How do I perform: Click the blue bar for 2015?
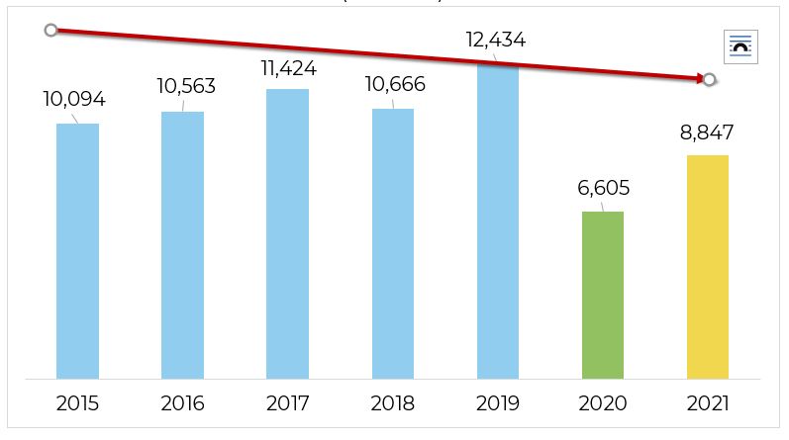click(x=77, y=251)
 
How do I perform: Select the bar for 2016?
click(x=182, y=245)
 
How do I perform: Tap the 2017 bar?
click(x=287, y=234)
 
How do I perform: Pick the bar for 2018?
click(x=393, y=243)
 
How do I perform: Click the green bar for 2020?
click(x=603, y=295)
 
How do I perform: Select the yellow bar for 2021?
click(x=708, y=267)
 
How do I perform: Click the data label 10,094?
click(x=74, y=99)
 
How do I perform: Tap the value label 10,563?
click(x=186, y=86)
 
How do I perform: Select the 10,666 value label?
click(x=395, y=84)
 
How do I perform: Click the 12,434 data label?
click(x=495, y=41)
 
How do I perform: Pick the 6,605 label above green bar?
click(x=603, y=188)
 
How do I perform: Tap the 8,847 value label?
click(x=707, y=133)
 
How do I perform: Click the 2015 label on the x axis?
click(x=77, y=403)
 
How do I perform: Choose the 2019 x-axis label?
click(x=498, y=403)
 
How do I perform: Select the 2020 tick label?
click(x=603, y=403)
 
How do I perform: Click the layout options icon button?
click(x=740, y=46)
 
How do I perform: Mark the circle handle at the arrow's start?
click(x=50, y=31)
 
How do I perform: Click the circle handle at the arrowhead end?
click(x=710, y=79)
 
